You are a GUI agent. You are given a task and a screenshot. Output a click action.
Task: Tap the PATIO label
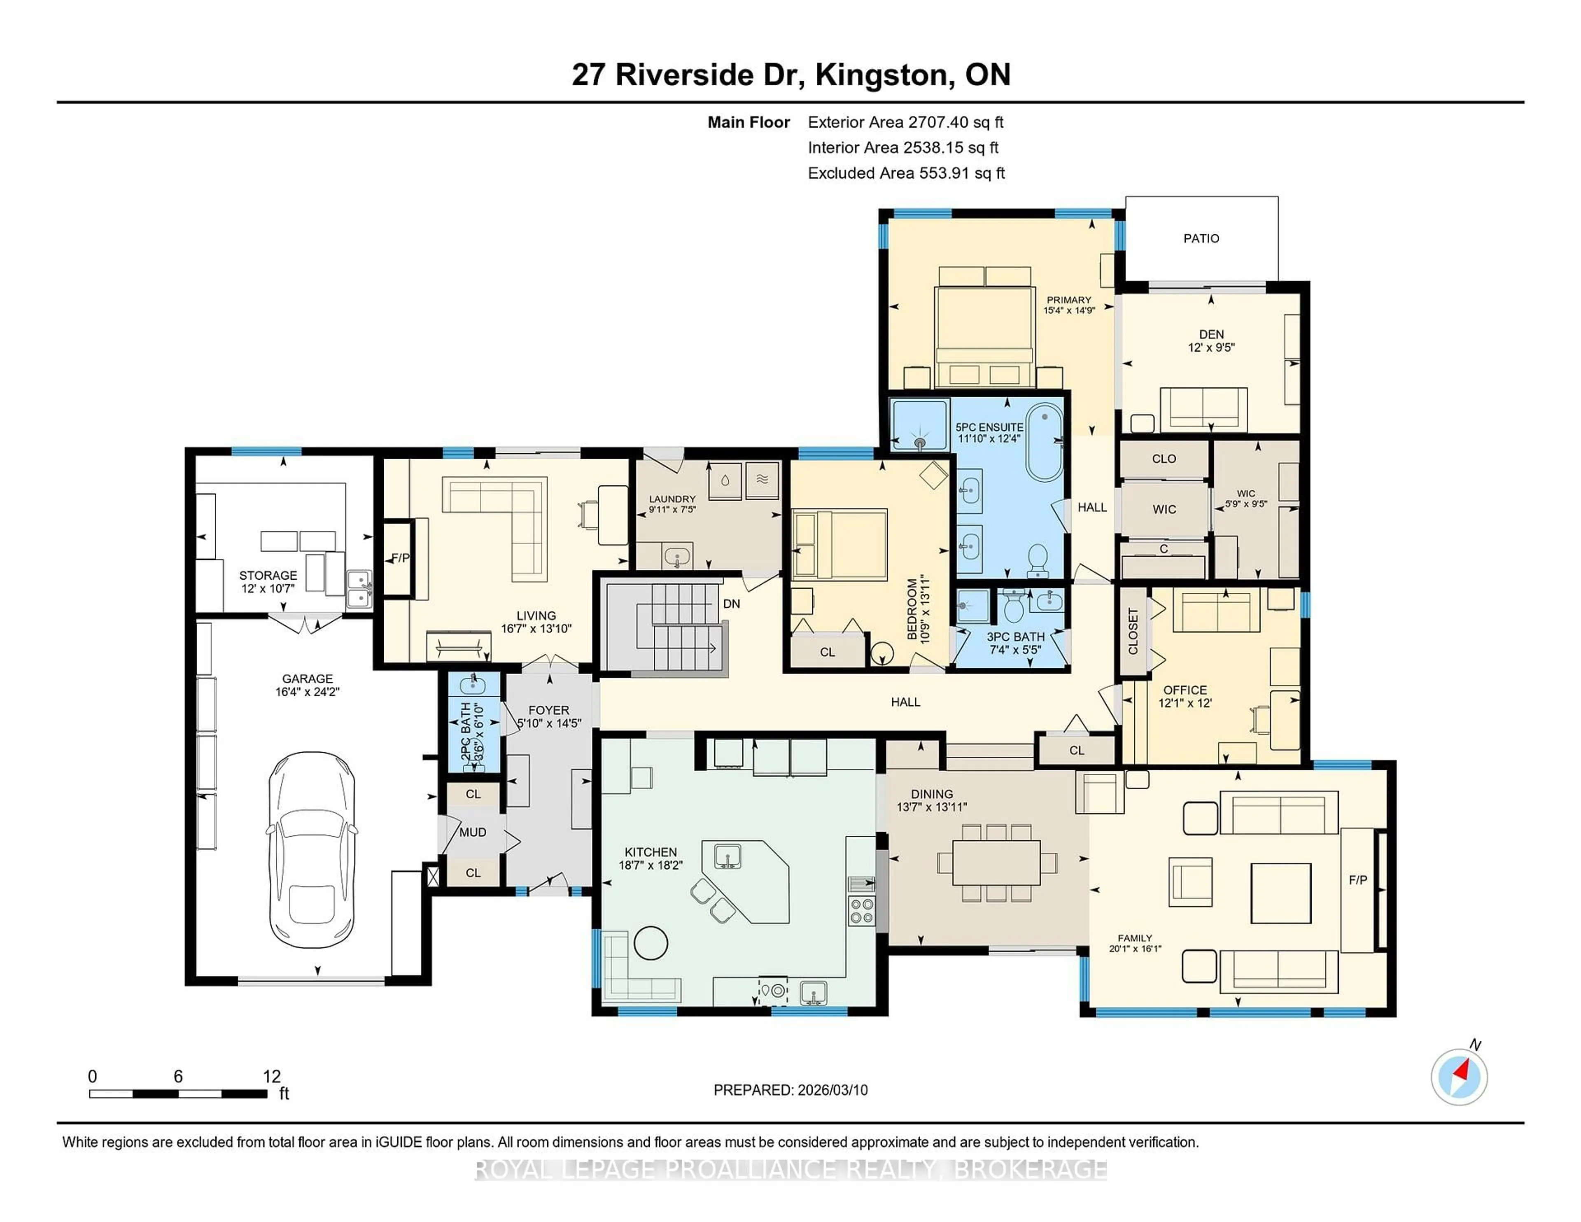coord(1201,238)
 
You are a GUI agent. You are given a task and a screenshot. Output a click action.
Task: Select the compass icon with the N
coord(1459,1077)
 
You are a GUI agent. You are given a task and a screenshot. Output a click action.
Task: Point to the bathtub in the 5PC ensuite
coord(1044,443)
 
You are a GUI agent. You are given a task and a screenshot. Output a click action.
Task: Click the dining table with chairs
coord(996,862)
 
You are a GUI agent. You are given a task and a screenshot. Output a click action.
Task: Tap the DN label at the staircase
coord(731,604)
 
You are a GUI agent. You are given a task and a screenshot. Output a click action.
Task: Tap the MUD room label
coord(473,833)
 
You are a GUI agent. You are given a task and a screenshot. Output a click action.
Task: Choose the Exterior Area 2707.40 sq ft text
coord(906,122)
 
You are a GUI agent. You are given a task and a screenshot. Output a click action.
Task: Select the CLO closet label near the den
coord(1163,459)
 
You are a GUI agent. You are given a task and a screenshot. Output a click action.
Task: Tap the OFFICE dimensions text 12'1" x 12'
coord(1184,703)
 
